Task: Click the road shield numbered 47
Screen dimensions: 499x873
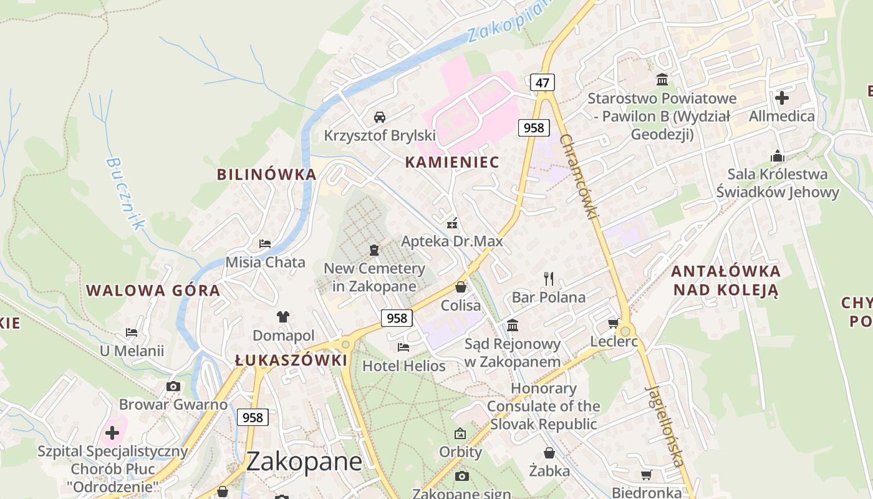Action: (543, 82)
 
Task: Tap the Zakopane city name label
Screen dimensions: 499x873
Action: (304, 462)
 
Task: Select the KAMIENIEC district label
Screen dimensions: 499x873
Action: (452, 162)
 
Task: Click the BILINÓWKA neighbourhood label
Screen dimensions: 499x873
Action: (266, 174)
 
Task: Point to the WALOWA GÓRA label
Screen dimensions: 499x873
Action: (153, 290)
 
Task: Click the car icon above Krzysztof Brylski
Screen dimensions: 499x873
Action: (379, 117)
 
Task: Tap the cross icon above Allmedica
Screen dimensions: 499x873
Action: (781, 98)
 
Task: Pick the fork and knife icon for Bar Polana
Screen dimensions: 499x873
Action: (549, 278)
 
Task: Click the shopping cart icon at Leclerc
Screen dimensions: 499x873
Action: (613, 323)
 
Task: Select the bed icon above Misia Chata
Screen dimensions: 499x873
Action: (265, 243)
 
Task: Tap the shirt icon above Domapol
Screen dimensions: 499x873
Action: (283, 316)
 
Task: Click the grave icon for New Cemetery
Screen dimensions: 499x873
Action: (374, 250)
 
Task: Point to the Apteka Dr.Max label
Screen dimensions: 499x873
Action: (451, 241)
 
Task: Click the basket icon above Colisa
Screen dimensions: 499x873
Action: (461, 287)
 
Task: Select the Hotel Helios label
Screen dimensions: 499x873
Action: (404, 366)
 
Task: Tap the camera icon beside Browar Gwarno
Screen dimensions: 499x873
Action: (173, 386)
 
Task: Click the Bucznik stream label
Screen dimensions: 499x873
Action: (125, 193)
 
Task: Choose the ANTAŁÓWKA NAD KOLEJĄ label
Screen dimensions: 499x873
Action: (726, 280)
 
